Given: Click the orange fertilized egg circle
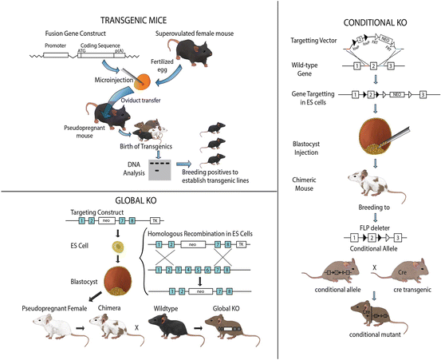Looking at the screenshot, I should [141, 82].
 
